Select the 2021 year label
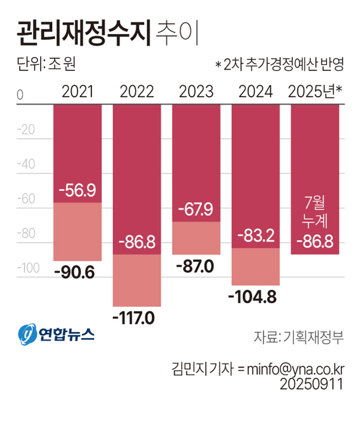pos(78,92)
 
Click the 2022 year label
pos(137,92)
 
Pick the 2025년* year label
pos(315,92)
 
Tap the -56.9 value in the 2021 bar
pos(77,190)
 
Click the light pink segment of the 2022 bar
pos(137,280)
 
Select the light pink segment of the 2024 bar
pos(256,267)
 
